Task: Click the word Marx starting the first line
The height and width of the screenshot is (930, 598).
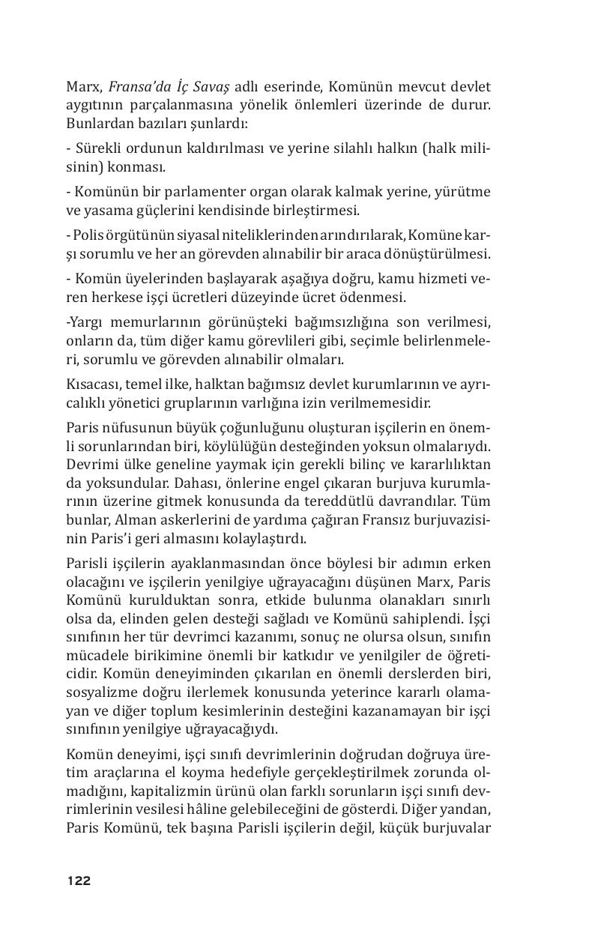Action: click(83, 85)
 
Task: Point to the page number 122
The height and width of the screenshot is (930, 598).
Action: click(79, 881)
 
